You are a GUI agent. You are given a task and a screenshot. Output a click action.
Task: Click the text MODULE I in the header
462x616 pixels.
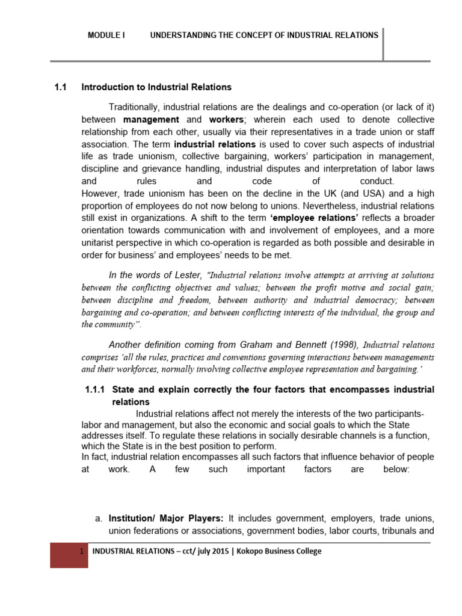pos(106,35)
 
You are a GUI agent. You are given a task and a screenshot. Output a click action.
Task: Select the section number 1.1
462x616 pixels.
pos(60,88)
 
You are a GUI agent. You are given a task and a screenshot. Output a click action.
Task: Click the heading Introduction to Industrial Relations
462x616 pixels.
pos(156,88)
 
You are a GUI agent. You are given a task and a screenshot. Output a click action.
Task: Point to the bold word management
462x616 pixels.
pos(151,120)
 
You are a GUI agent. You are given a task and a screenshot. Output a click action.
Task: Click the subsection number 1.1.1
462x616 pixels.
pos(95,390)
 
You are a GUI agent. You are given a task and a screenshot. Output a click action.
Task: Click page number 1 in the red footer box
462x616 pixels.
pos(80,552)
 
